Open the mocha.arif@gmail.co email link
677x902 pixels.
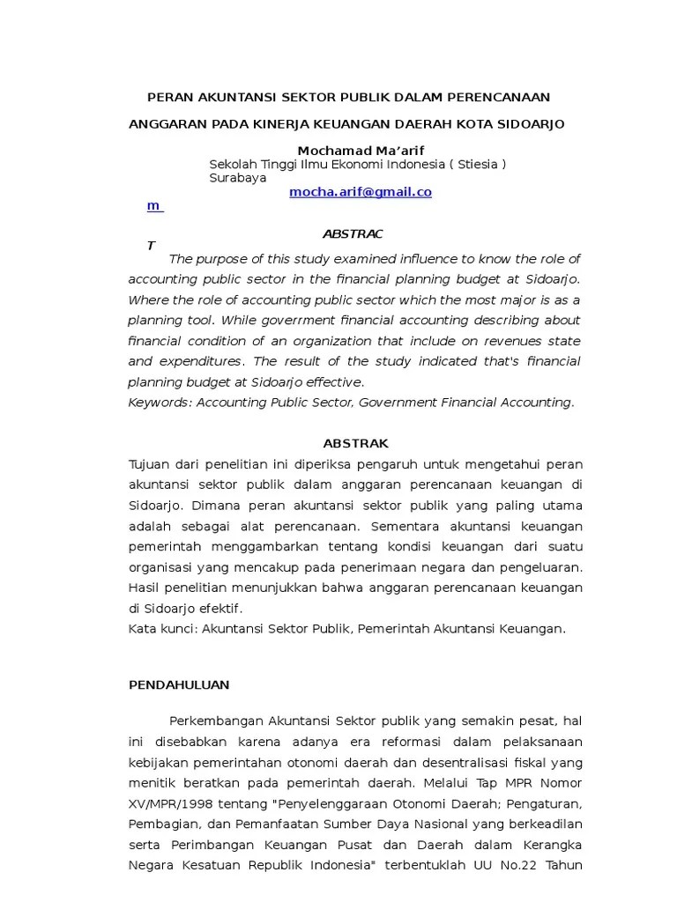[361, 192]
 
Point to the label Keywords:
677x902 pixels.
[160, 403]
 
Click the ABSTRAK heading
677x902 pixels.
[355, 443]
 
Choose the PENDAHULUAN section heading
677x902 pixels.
[179, 684]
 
